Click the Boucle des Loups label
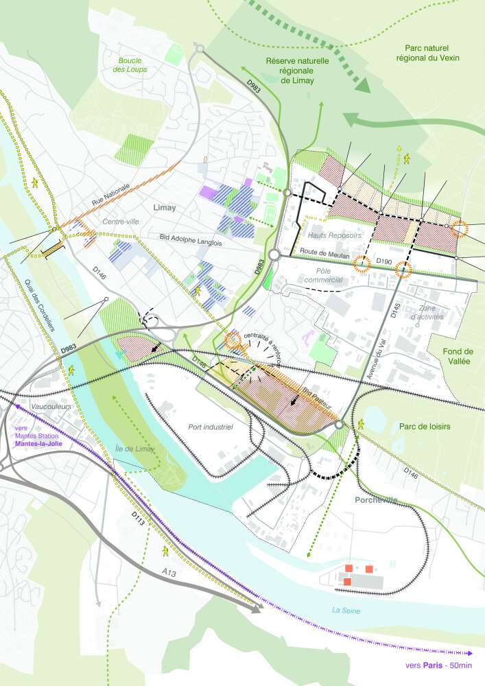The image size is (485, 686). (x=132, y=64)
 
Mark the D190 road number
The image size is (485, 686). (x=383, y=261)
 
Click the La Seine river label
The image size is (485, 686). (x=346, y=610)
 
